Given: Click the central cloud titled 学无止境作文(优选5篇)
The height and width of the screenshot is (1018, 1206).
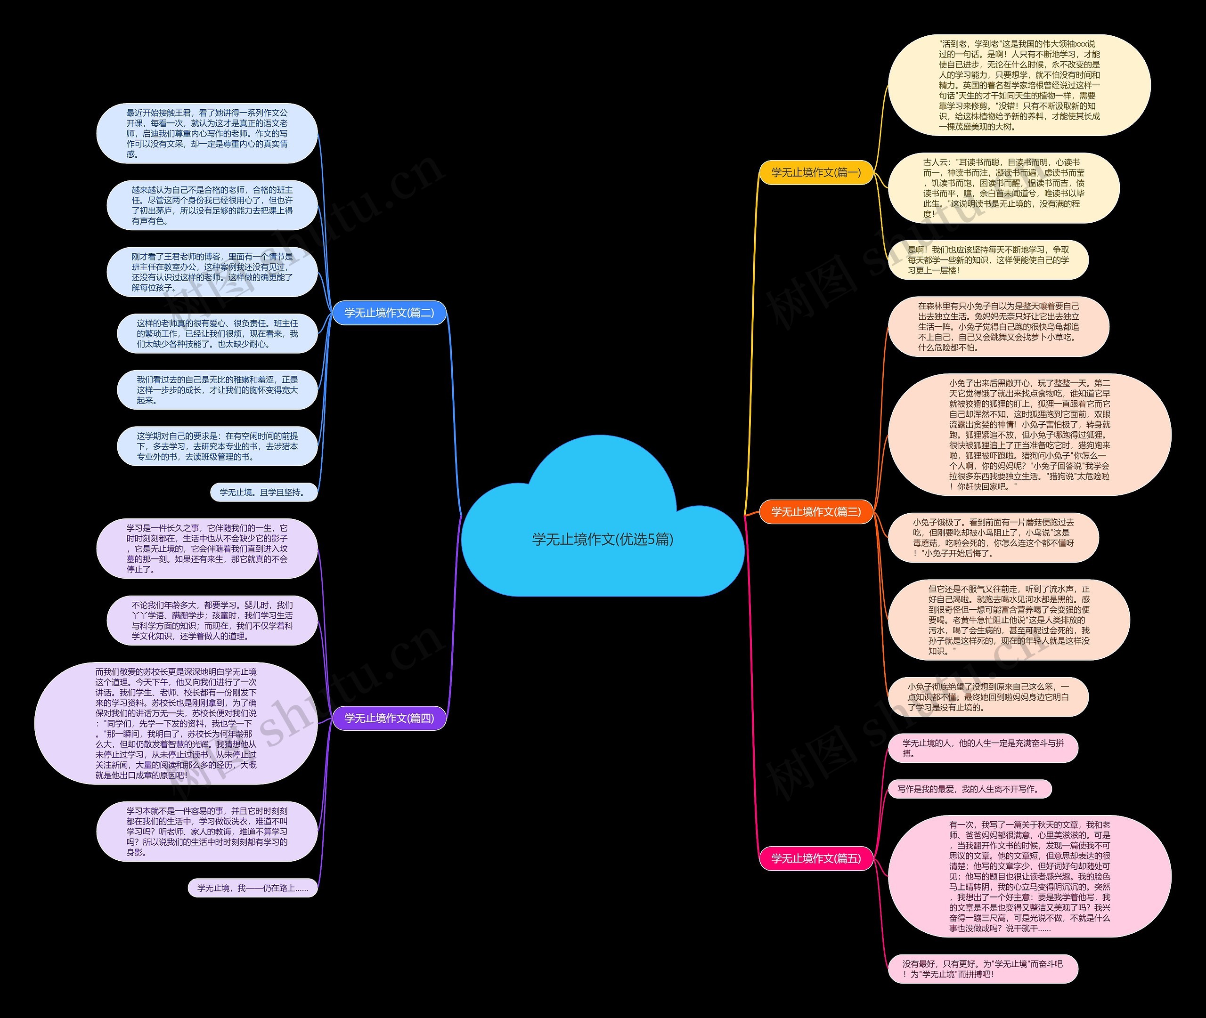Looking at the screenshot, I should (602, 539).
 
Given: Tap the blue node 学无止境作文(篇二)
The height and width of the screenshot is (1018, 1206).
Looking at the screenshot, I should (389, 313).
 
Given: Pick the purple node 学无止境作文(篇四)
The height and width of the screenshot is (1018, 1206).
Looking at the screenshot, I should (389, 718).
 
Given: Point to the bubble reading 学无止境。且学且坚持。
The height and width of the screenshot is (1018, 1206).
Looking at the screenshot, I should (264, 492).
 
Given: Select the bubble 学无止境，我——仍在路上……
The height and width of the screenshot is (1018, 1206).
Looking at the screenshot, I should (253, 888).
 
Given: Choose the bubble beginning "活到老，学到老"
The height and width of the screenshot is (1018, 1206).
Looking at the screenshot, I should (1019, 85).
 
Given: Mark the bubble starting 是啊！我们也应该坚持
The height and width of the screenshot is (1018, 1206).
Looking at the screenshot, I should (988, 260).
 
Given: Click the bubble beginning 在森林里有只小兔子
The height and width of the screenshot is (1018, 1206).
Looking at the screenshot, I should (998, 327).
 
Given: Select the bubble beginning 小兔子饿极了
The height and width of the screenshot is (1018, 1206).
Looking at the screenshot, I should (993, 537).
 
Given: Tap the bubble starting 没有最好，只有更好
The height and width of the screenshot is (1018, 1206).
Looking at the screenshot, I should (983, 969).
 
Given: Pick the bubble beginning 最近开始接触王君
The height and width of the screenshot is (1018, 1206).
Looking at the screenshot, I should (207, 133).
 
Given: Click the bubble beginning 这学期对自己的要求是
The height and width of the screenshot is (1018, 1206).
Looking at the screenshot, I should (217, 446).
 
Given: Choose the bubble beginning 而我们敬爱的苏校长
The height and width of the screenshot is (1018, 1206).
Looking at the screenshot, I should (176, 723).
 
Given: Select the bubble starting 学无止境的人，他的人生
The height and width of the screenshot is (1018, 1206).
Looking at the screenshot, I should (983, 748).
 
